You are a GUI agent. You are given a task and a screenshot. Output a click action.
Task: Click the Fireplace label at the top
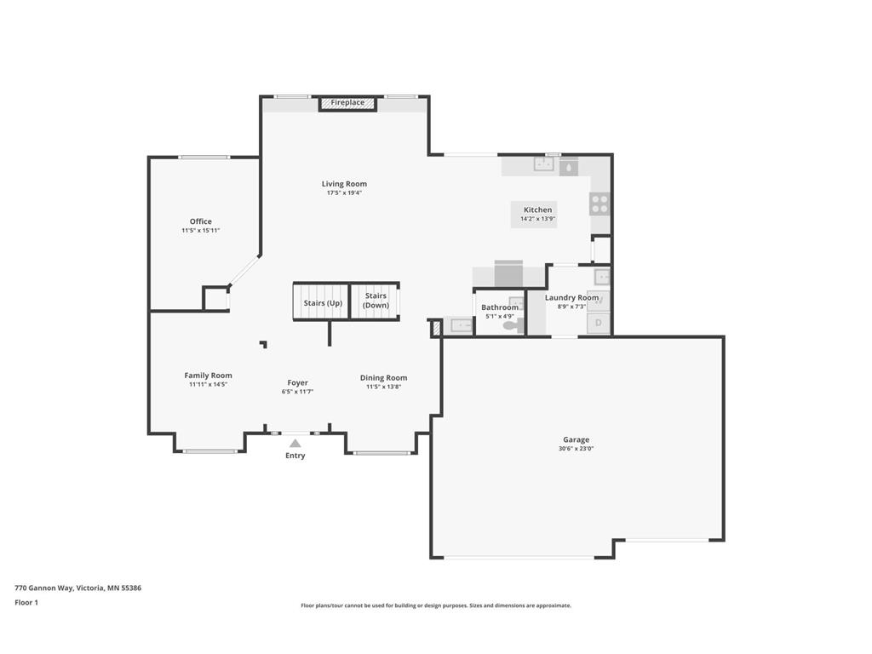(347, 102)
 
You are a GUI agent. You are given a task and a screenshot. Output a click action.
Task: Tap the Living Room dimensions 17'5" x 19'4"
(344, 193)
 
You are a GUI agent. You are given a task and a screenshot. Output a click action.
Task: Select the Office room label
(201, 221)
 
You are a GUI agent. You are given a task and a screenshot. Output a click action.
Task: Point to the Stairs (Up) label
(323, 303)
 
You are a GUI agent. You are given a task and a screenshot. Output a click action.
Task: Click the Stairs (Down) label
(376, 301)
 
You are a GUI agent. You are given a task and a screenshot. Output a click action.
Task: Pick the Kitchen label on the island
(538, 209)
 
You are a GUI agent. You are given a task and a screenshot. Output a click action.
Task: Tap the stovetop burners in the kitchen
(600, 204)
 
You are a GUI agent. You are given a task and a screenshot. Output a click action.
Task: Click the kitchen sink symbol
(544, 164)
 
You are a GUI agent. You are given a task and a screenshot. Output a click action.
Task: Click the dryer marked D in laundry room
(599, 323)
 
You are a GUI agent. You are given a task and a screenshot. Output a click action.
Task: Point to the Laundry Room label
(571, 297)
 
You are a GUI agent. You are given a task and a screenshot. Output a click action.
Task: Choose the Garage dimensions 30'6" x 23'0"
(577, 448)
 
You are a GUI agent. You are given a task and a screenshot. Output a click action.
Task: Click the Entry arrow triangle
(295, 443)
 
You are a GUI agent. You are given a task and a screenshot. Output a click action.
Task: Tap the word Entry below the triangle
(295, 456)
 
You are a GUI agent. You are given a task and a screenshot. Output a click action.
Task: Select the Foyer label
(297, 382)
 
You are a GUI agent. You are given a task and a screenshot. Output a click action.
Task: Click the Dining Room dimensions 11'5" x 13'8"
(384, 387)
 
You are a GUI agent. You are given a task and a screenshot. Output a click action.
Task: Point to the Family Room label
(208, 376)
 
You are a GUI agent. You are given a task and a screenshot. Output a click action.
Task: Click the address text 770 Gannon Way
(43, 588)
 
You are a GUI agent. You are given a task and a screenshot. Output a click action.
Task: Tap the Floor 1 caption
(26, 602)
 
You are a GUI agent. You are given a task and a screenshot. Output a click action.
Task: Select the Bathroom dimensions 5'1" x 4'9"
(500, 316)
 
